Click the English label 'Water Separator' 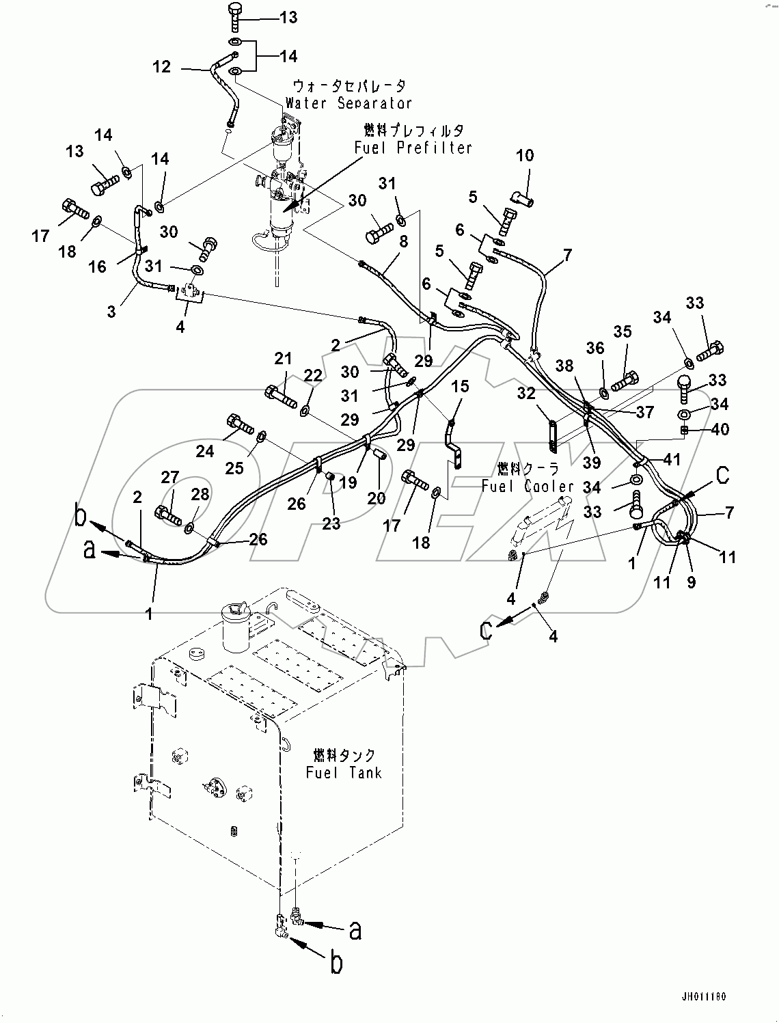tap(348, 103)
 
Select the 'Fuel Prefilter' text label tap(413, 147)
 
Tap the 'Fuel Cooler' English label tap(527, 486)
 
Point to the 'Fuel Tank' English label tap(343, 773)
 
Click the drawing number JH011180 tap(702, 997)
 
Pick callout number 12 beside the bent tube tap(161, 66)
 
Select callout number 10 tap(524, 156)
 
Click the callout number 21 tap(284, 358)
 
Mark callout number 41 tap(672, 459)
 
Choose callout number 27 tap(170, 477)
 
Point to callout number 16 tap(98, 266)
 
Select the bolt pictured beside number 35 tap(625, 381)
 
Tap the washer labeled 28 tap(189, 527)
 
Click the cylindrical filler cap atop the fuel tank tap(232, 623)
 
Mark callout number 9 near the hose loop tap(691, 583)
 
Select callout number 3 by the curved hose tap(111, 311)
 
